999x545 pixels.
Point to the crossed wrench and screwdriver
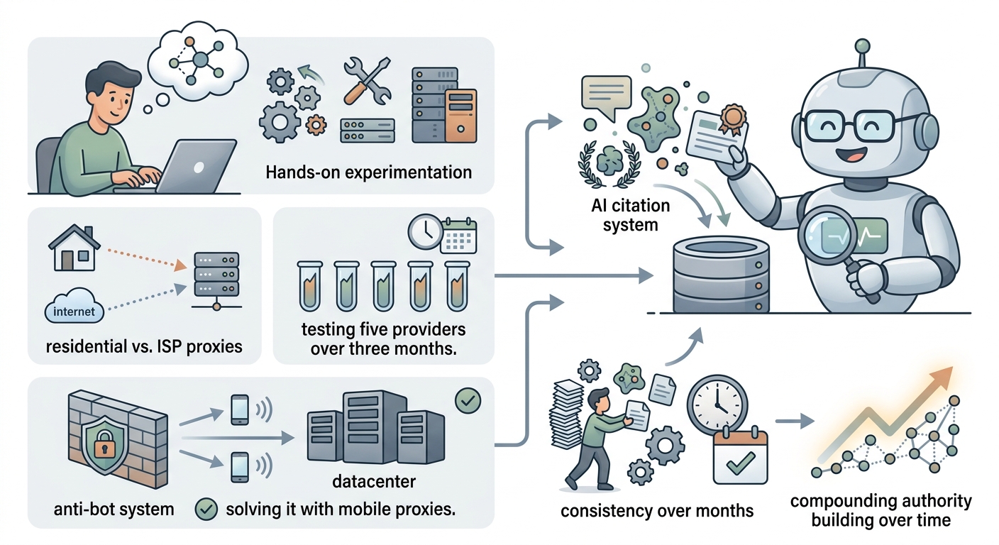pos(367,80)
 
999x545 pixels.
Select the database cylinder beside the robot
pos(720,275)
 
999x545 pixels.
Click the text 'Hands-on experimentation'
pos(369,172)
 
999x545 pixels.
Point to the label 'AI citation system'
pos(631,214)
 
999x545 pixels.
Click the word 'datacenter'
pos(374,481)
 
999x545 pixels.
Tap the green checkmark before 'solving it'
pos(206,510)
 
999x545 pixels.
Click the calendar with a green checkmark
pos(740,456)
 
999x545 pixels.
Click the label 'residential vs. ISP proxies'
pos(144,346)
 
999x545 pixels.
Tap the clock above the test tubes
pos(425,232)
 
